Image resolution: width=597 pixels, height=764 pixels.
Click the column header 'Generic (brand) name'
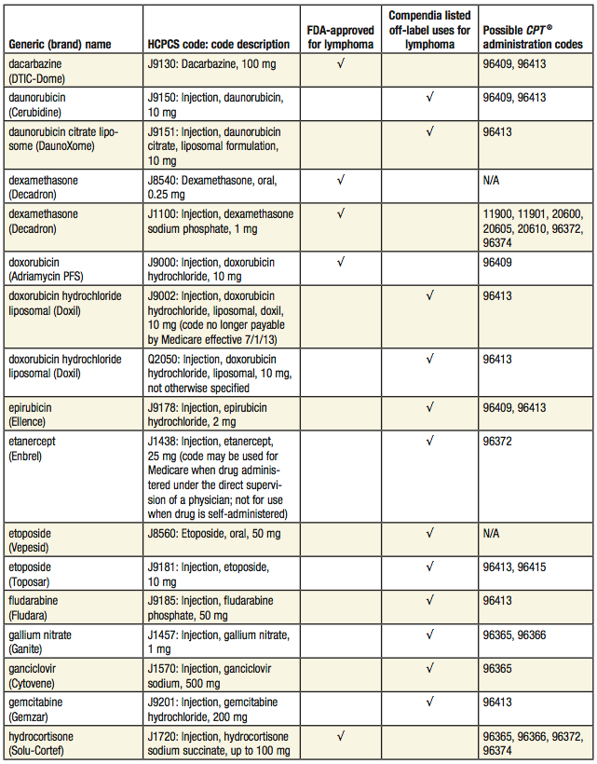point(60,44)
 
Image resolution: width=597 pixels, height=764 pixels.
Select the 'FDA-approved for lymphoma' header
point(340,36)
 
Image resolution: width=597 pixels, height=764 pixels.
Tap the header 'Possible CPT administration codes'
point(533,36)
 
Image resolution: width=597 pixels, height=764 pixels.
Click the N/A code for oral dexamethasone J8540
point(492,181)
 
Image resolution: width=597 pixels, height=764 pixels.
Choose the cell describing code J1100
point(220,221)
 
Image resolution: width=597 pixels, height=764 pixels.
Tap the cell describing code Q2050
point(220,372)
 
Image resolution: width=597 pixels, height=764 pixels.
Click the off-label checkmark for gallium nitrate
point(429,634)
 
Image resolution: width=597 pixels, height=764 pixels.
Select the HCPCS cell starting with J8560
point(213,534)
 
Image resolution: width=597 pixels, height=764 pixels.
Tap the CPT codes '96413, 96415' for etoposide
point(514,566)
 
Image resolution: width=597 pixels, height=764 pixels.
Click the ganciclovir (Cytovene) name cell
point(35,675)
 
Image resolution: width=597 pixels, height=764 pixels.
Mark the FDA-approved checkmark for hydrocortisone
point(340,735)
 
